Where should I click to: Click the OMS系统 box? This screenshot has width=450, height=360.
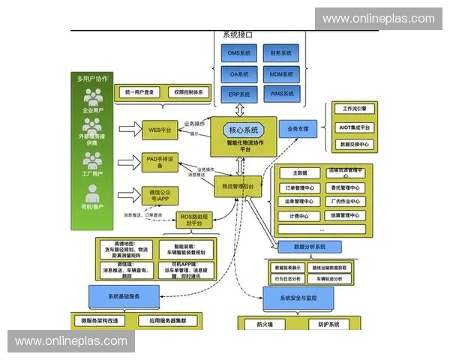[239, 53]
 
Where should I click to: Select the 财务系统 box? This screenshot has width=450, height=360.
[281, 53]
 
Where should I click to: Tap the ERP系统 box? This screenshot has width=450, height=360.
[239, 94]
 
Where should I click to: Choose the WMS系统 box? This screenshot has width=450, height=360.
[281, 94]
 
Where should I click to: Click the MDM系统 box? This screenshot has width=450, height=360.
[281, 73]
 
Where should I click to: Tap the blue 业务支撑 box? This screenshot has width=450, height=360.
[298, 129]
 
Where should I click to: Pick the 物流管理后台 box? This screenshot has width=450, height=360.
[238, 186]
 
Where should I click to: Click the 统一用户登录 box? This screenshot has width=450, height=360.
[140, 92]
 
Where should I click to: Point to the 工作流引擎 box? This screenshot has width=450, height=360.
[353, 109]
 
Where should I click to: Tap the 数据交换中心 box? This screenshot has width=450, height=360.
[353, 143]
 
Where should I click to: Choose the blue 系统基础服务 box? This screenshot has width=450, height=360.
[124, 296]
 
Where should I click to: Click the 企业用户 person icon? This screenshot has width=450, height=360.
[94, 97]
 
